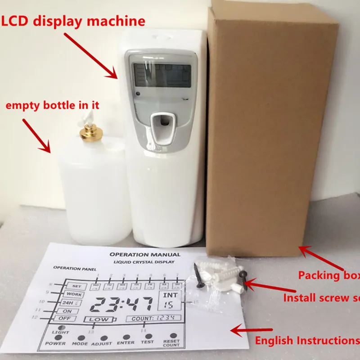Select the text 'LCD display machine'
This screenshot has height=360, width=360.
74,21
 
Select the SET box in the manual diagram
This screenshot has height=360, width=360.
76,286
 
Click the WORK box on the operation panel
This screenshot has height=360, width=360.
74,294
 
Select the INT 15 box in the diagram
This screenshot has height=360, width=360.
170,300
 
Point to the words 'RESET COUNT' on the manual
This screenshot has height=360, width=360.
171,343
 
